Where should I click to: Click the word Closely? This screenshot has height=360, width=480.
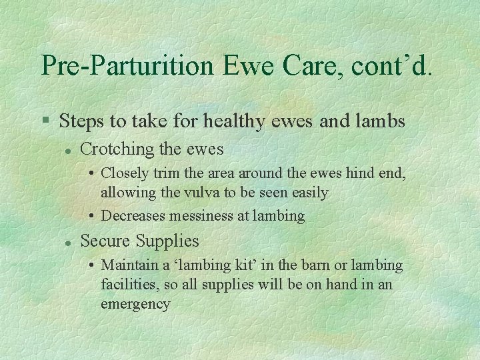point(125,173)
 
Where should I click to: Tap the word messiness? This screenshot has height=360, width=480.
point(200,216)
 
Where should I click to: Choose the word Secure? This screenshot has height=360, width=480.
point(105,241)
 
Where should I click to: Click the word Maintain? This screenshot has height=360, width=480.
point(129,265)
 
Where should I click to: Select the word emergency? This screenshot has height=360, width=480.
point(135,304)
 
